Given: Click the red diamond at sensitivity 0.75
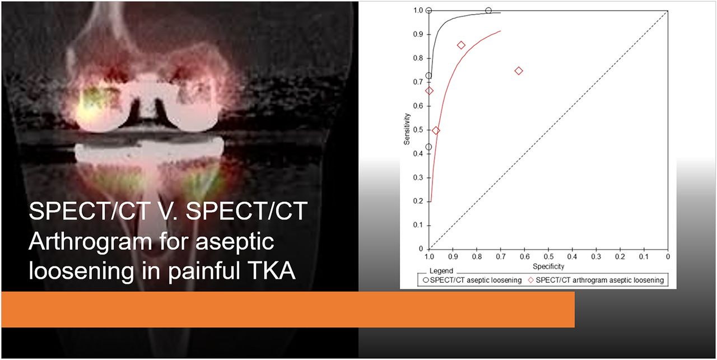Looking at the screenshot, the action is click(519, 71).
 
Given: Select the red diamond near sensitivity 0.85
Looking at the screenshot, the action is click(461, 45).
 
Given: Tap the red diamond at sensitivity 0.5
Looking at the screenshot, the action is click(436, 130).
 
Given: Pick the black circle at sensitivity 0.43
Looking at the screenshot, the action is click(429, 147).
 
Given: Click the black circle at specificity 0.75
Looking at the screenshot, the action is click(488, 11).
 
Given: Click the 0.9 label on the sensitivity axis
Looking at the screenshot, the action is click(418, 34).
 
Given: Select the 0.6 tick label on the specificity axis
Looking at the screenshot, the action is click(525, 256).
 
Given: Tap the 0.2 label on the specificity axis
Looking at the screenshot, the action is click(620, 256).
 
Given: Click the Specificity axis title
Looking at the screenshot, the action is click(548, 267).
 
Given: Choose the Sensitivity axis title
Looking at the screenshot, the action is click(407, 129).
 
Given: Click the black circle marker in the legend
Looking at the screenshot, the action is click(426, 280).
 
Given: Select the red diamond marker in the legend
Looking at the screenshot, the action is click(530, 280).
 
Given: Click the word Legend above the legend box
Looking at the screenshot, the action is click(441, 271).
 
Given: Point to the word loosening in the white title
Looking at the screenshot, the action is click(81, 272).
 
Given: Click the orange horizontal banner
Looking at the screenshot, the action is click(288, 309).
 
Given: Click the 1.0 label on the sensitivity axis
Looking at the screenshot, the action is click(418, 11).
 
